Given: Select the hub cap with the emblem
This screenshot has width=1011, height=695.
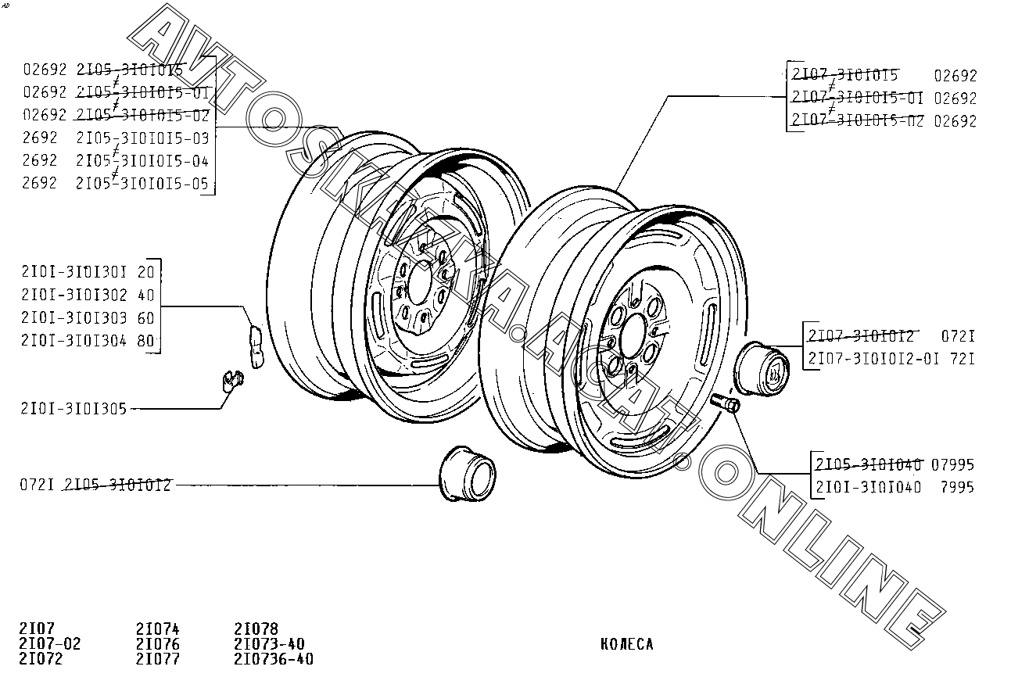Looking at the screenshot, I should (763, 368).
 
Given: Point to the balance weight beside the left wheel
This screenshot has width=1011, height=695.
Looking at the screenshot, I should (256, 345).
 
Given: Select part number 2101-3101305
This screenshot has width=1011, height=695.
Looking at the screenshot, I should (73, 408).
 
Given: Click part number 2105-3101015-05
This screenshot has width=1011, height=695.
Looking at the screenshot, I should (142, 184).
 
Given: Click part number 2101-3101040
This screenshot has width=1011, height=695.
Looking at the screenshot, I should (867, 487).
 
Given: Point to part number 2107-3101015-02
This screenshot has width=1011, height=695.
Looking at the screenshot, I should (857, 121).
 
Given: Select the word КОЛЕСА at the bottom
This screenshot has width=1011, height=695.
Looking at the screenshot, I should (627, 645).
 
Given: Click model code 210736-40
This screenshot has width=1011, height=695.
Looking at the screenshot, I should (274, 659).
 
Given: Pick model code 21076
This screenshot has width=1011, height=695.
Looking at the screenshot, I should (157, 644).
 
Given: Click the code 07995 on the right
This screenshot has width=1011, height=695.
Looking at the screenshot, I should (954, 464).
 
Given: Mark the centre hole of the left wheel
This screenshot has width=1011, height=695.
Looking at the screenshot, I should (420, 281).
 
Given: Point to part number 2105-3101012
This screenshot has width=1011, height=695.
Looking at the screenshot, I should (118, 485).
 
